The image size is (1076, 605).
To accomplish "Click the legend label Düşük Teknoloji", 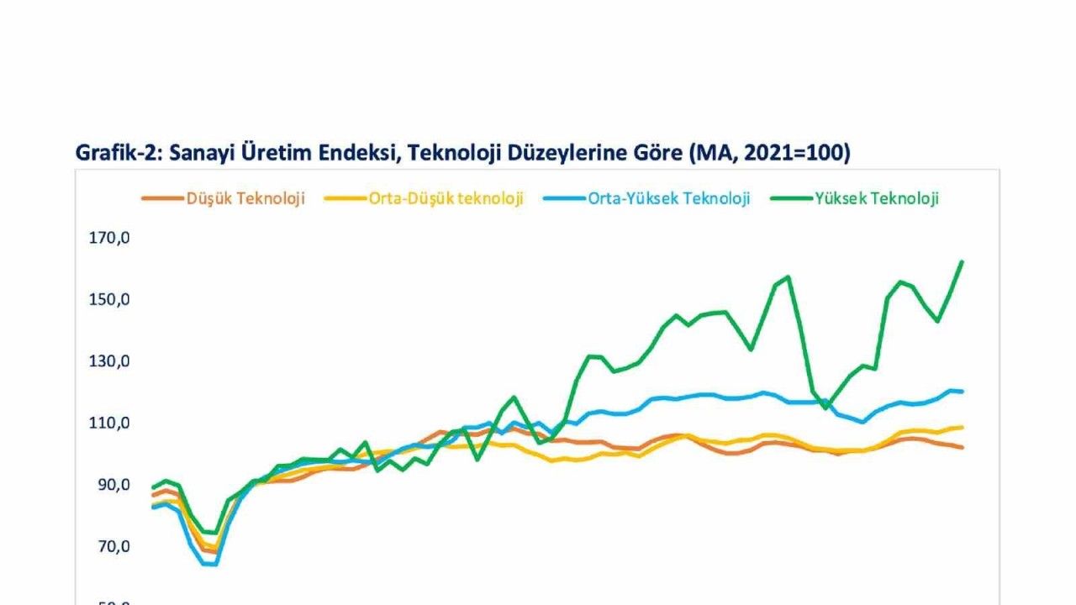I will [x=246, y=198].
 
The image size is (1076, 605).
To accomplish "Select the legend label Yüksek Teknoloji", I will [x=877, y=198].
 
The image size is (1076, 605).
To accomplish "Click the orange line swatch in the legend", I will [x=162, y=199].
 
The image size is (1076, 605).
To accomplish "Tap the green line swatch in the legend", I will [x=792, y=199].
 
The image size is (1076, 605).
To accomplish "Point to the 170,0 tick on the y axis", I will [x=109, y=238].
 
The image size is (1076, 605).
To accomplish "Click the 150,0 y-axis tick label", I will [x=109, y=300].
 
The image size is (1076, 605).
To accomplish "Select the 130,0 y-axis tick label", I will [x=109, y=361].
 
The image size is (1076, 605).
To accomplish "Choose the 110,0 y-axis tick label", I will [x=109, y=423].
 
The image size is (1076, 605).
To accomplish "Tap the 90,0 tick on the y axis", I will [x=113, y=485].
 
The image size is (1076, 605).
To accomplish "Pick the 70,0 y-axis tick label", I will [x=113, y=546].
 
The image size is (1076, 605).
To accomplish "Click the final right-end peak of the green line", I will [x=962, y=261].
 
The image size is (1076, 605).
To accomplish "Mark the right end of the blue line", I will [x=962, y=392].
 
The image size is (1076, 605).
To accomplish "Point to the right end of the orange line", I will [x=962, y=447].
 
